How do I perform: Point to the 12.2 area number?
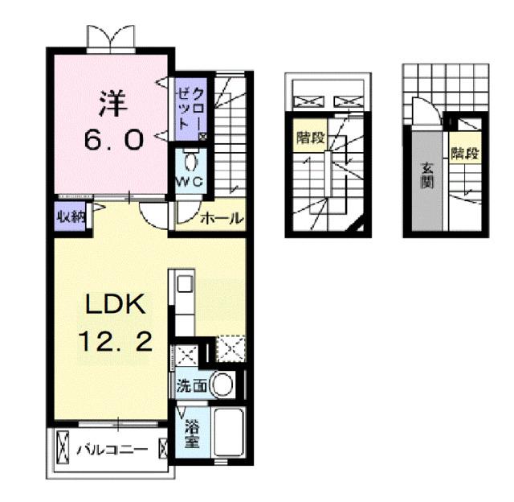point(113,344)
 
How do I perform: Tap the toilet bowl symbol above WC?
point(191,158)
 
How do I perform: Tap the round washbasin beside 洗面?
point(224,385)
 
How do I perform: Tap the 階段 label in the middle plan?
point(309,137)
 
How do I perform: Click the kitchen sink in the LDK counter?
point(184,284)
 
